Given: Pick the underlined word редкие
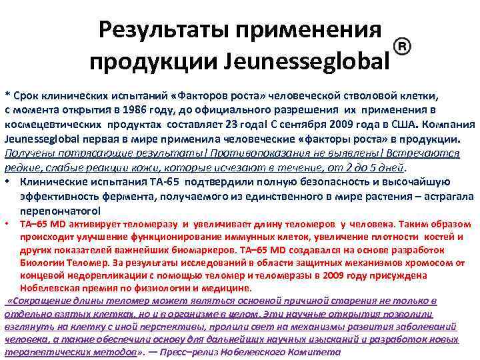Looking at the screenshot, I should click(x=20, y=167).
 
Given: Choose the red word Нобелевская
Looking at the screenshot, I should click(x=49, y=288).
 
